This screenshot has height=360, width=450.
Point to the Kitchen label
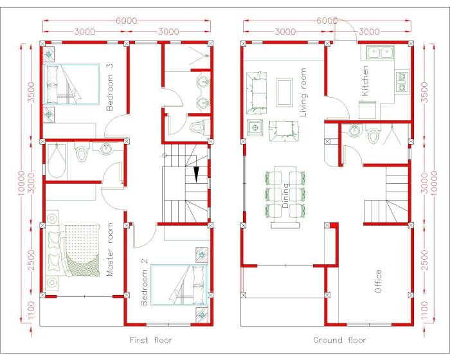tap(365, 81)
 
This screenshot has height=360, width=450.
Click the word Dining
tap(285, 196)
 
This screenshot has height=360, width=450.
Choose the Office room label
tap(378, 282)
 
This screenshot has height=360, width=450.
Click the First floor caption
tap(151, 339)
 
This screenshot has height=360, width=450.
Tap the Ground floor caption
tap(339, 339)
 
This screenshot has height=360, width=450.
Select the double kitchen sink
tap(377, 53)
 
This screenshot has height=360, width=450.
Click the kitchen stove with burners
tap(402, 78)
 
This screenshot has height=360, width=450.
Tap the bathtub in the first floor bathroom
tap(56, 161)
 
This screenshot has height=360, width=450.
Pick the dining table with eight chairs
tap(283, 195)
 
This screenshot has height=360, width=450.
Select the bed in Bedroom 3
tap(71, 84)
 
